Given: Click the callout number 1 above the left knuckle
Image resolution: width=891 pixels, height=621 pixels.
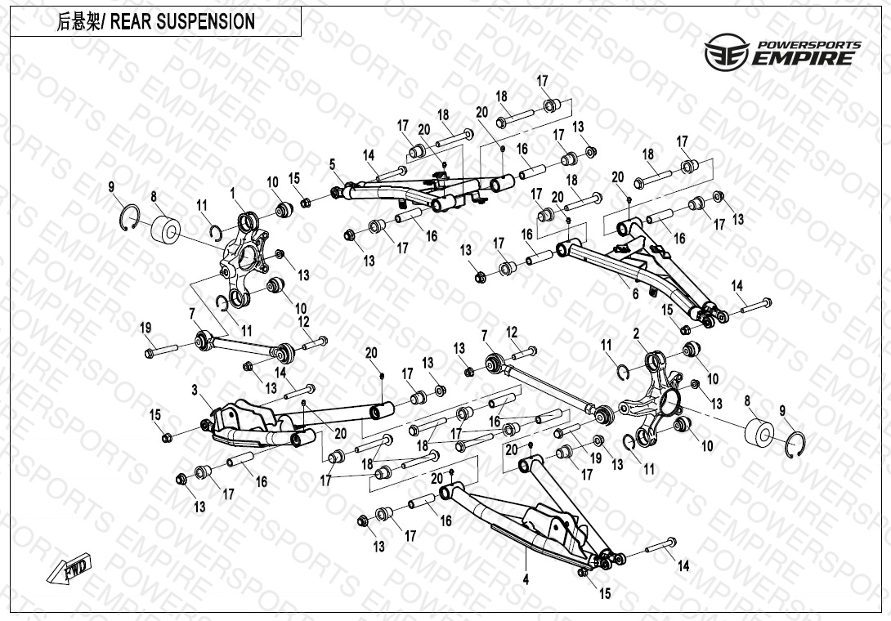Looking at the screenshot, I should [x=233, y=194].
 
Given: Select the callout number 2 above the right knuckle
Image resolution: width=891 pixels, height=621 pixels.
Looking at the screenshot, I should [x=636, y=333].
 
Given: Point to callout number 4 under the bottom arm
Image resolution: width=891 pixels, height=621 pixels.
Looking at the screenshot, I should [x=526, y=579].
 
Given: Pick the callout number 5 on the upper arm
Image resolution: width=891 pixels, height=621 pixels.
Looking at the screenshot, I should [x=333, y=164].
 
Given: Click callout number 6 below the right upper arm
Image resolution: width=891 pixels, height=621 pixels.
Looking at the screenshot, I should [x=635, y=295].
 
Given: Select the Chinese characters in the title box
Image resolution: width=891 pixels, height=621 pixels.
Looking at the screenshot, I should [x=75, y=22].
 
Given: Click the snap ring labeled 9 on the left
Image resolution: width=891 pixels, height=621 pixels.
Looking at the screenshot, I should [x=129, y=217].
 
